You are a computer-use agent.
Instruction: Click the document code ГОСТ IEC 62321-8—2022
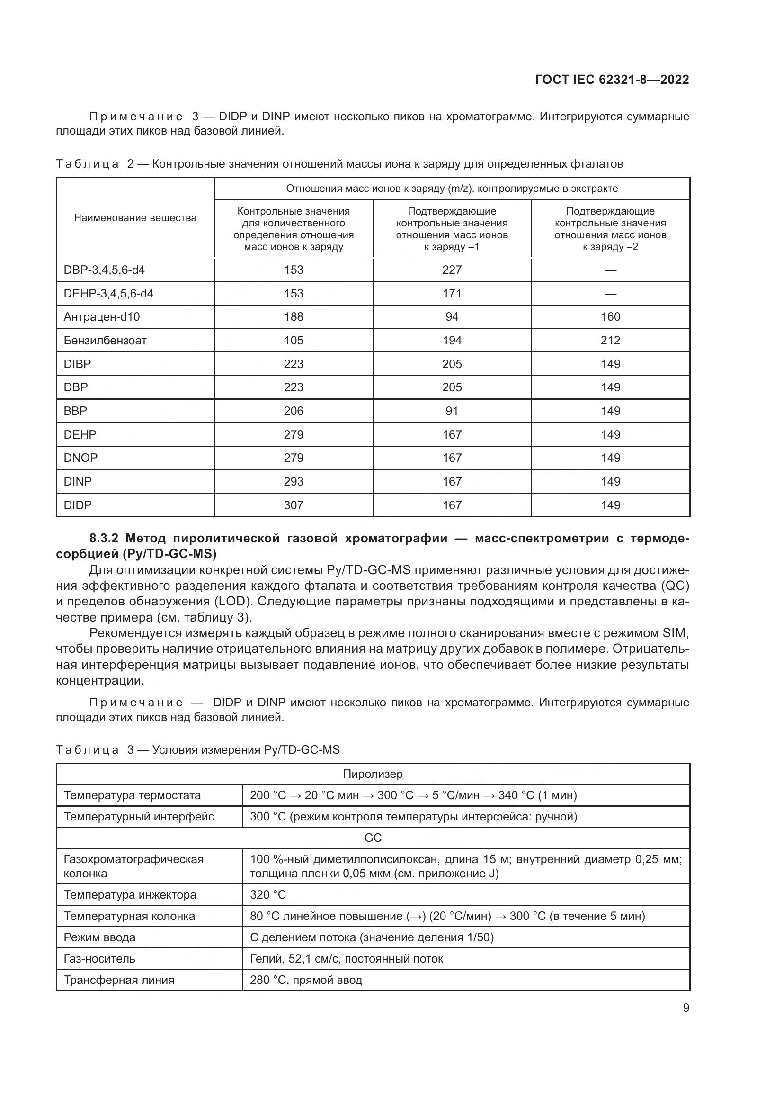(611, 80)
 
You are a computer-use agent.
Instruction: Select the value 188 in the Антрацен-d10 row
(293, 316)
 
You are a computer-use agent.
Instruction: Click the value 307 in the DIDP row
(293, 505)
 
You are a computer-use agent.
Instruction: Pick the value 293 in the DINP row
(293, 481)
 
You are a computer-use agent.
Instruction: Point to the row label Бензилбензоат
(105, 340)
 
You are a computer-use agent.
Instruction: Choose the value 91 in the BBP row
(452, 411)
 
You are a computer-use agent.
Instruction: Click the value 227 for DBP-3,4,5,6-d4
(452, 270)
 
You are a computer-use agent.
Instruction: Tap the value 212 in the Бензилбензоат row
(610, 340)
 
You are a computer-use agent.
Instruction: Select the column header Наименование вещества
(135, 217)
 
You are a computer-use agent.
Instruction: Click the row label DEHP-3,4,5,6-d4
(108, 293)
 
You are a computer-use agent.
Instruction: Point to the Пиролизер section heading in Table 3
(373, 774)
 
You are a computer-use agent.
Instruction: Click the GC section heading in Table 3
(373, 838)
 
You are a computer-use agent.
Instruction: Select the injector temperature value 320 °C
(268, 895)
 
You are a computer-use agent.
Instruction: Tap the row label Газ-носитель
(99, 958)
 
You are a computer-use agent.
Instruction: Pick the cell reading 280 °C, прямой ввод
(306, 980)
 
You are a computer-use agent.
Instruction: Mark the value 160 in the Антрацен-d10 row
(610, 316)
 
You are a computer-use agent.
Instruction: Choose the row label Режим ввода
(99, 937)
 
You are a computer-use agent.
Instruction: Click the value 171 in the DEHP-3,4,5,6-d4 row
(452, 293)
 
